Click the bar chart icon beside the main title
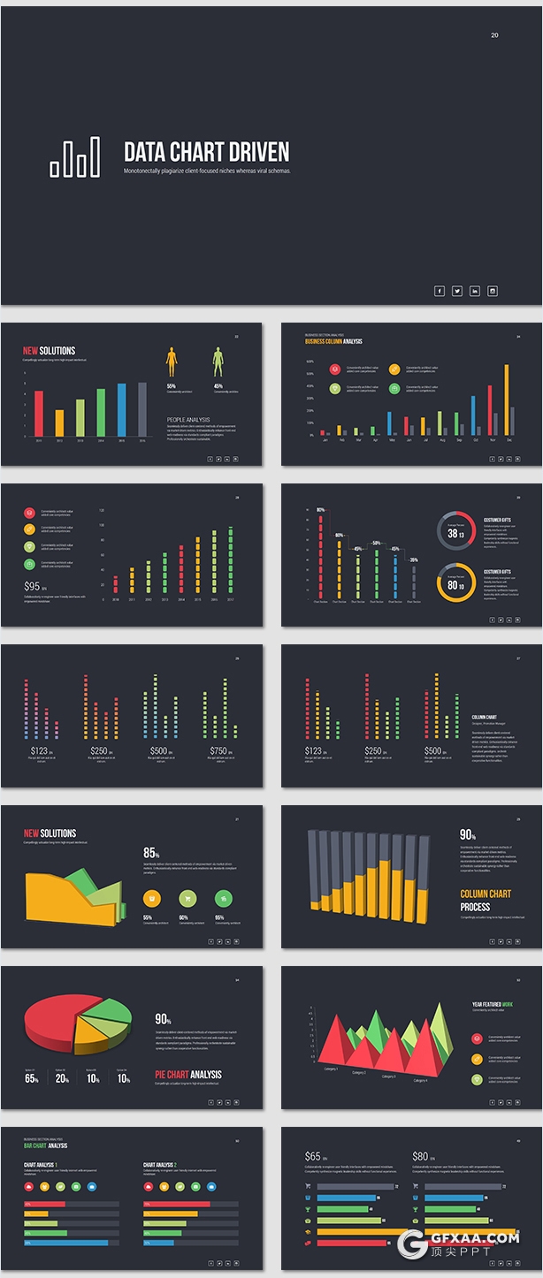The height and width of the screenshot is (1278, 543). [x=74, y=157]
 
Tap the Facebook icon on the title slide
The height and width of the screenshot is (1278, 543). [x=440, y=291]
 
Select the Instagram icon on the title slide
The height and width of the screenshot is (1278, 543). [x=493, y=291]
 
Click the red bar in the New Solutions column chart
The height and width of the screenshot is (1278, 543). [x=39, y=413]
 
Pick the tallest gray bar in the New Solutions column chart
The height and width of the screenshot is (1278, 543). [x=142, y=409]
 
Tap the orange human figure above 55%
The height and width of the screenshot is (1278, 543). [x=172, y=361]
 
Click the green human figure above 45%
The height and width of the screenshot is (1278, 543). [x=218, y=361]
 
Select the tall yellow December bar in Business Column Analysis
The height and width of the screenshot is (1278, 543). [x=507, y=399]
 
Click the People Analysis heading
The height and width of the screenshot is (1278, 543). [x=188, y=420]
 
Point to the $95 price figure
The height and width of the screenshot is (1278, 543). [x=33, y=586]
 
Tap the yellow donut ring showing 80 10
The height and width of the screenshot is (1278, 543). [x=456, y=582]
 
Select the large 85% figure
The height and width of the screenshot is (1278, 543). [x=151, y=853]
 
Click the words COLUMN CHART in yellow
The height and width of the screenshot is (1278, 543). [x=486, y=894]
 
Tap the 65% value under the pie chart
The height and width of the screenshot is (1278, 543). [x=32, y=1078]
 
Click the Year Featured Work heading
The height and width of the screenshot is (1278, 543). [x=492, y=1004]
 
